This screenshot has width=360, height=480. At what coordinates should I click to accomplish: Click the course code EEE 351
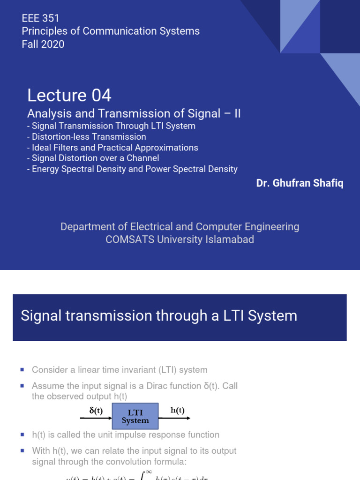[41, 18]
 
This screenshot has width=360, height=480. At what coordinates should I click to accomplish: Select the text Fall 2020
[43, 44]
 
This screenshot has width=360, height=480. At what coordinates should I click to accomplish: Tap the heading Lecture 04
[69, 96]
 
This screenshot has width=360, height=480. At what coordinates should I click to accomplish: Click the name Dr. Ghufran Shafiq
[300, 183]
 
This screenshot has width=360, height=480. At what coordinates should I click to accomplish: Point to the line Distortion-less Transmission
[89, 137]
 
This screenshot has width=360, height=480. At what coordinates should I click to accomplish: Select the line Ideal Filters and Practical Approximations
[114, 148]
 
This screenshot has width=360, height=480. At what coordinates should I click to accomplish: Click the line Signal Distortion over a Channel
[95, 158]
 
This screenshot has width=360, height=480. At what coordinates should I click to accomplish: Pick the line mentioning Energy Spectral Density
[134, 169]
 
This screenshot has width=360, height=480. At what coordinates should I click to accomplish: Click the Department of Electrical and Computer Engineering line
[180, 227]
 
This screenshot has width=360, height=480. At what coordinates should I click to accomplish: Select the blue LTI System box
[135, 416]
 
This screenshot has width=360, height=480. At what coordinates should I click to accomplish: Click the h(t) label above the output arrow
[178, 410]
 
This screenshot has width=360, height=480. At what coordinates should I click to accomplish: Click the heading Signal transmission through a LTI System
[159, 316]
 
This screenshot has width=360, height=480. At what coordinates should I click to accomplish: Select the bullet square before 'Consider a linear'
[22, 370]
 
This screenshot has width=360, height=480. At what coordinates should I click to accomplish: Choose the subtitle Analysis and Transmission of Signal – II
[134, 113]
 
